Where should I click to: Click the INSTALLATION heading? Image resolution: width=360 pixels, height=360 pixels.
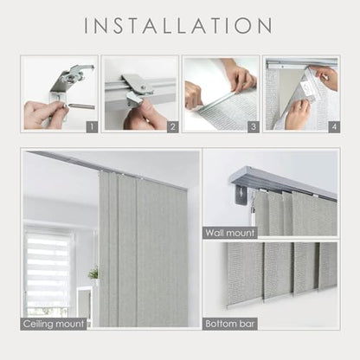(178, 25)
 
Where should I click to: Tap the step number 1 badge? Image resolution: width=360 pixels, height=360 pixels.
(92, 127)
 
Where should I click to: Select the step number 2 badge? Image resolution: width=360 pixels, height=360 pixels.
(173, 127)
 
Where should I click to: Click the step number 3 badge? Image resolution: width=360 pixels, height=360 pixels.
(254, 127)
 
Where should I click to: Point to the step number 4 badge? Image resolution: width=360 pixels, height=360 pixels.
(334, 127)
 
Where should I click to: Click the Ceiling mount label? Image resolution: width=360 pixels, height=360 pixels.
(54, 324)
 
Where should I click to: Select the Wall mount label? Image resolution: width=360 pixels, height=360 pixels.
(230, 233)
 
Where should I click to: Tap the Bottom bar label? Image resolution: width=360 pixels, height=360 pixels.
(230, 324)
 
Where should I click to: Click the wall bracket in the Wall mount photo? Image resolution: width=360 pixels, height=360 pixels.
(241, 194)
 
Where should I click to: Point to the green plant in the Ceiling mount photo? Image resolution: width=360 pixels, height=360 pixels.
(93, 273)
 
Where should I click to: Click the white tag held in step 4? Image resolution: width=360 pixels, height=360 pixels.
(307, 88)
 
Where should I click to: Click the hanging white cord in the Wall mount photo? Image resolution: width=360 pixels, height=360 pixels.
(253, 210)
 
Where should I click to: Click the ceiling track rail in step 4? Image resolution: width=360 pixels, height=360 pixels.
(301, 63)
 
